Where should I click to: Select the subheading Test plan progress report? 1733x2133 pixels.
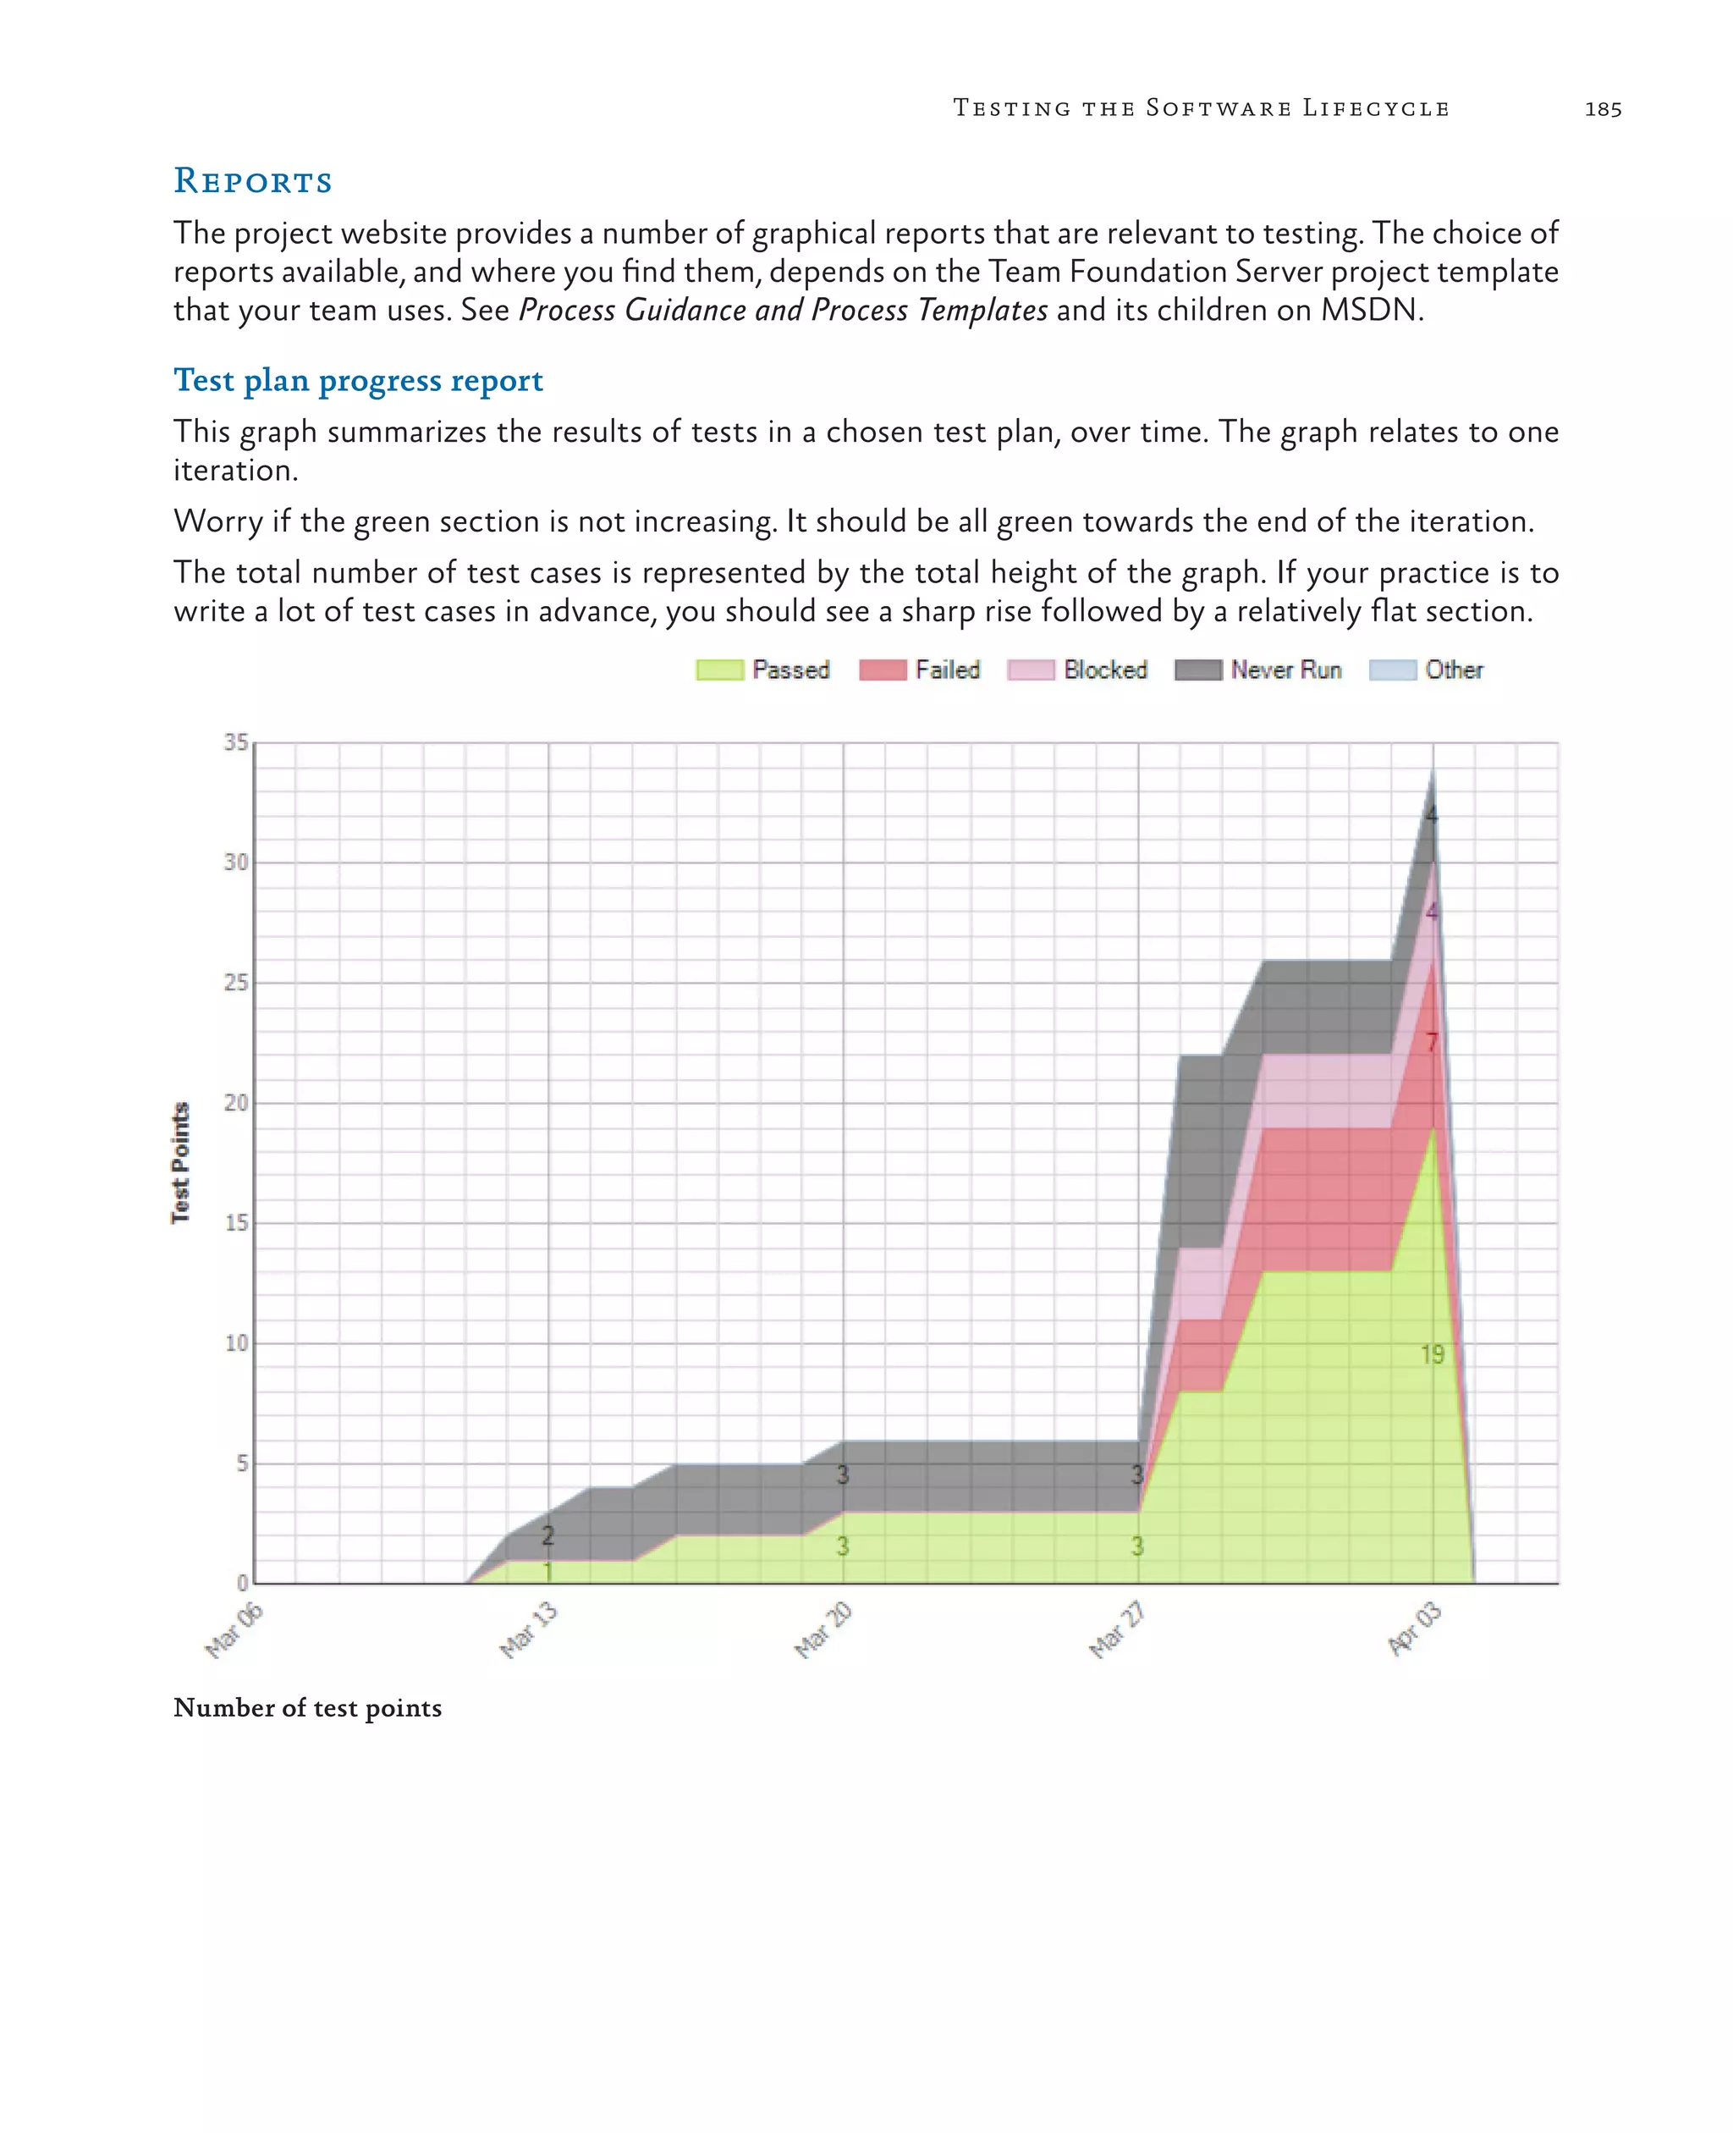[359, 380]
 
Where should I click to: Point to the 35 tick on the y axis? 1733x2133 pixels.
[235, 742]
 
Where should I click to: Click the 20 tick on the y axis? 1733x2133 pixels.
[235, 1102]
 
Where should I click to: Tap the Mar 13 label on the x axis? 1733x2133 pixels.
[528, 1629]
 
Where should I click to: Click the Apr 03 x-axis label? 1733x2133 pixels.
[1415, 1628]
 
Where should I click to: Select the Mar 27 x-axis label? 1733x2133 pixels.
[1117, 1629]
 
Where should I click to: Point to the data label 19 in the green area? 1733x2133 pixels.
[1433, 1354]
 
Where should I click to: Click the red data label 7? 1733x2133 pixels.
[1432, 1043]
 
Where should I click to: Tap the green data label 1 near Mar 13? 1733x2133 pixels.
[547, 1572]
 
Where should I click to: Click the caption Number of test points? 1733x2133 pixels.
[307, 1707]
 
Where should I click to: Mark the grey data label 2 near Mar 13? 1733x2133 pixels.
[547, 1535]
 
